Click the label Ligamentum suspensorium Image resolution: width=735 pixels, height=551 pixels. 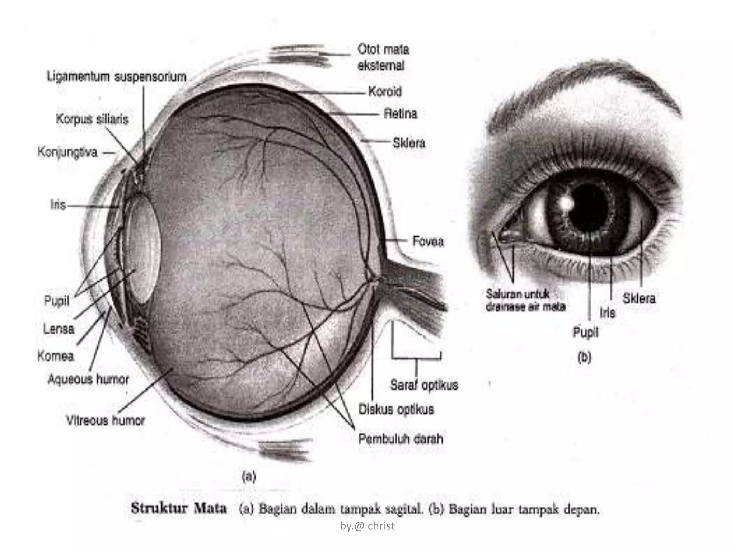(x=117, y=77)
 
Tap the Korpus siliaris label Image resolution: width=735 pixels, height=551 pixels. (x=92, y=119)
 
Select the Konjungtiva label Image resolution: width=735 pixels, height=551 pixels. (x=67, y=152)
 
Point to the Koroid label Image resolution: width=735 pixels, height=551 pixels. (x=385, y=92)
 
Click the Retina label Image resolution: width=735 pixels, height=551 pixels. (x=401, y=114)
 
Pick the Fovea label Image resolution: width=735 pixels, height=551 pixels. (x=428, y=241)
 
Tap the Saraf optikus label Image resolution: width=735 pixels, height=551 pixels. (x=424, y=385)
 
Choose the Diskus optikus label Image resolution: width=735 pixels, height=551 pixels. (x=396, y=409)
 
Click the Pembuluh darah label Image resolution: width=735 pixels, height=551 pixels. (x=401, y=439)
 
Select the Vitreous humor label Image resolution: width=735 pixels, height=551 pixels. (x=106, y=420)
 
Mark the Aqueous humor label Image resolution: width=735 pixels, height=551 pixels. (x=88, y=379)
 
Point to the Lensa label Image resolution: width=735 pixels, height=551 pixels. (x=59, y=329)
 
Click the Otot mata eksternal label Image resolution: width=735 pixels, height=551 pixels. (x=383, y=57)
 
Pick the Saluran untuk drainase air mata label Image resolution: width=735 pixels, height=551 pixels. (x=526, y=300)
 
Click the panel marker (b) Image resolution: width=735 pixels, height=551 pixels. (x=584, y=358)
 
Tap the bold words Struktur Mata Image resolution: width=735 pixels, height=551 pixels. (x=179, y=508)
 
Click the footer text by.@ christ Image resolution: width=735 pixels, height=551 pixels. (x=367, y=526)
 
